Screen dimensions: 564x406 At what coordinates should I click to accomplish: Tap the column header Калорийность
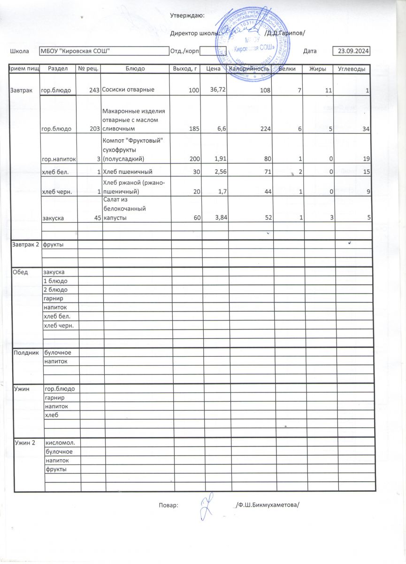coord(249,69)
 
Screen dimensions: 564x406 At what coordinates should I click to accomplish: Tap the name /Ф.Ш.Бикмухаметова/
coord(267,505)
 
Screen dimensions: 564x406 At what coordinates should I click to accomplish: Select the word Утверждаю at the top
coord(187,16)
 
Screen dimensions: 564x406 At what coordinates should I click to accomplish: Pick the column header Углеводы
coord(352,69)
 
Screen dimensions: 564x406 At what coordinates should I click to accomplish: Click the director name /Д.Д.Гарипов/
coord(285,33)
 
